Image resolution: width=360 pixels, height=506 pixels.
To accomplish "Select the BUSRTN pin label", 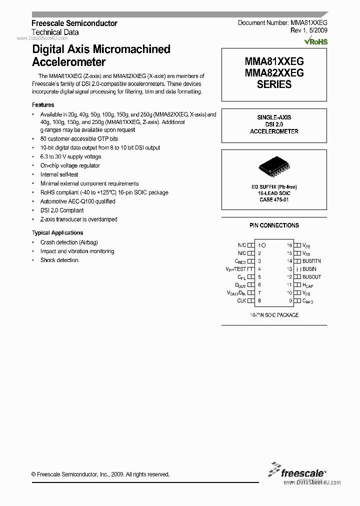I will click(x=311, y=261).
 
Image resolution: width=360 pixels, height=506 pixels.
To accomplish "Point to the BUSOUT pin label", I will click(x=311, y=277).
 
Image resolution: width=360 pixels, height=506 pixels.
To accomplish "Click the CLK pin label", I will click(x=241, y=301).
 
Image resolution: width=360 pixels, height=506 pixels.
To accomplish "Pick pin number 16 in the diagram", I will click(x=289, y=245).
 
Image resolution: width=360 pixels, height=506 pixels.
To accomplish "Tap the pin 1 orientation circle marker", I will click(x=264, y=245).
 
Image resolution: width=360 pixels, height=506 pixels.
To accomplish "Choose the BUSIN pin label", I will click(x=309, y=269).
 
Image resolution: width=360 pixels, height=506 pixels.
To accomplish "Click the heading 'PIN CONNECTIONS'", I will click(x=274, y=225).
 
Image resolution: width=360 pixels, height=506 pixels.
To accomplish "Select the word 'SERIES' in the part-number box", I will click(x=274, y=84).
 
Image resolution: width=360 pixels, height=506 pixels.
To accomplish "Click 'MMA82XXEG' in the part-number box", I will click(x=274, y=73).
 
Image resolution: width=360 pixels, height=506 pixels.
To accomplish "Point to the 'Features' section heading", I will click(x=43, y=105).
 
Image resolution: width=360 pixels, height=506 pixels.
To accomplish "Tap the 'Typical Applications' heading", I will click(x=57, y=233).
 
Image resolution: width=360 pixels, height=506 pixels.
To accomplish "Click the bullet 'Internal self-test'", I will click(x=59, y=174).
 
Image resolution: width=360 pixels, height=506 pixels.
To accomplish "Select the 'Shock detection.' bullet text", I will click(x=60, y=260).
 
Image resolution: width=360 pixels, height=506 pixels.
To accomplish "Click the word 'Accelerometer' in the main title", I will click(x=69, y=62).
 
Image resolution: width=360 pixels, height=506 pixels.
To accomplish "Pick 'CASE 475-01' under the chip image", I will click(x=273, y=199).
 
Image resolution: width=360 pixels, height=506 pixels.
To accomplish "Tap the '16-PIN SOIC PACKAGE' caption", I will click(x=274, y=315).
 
